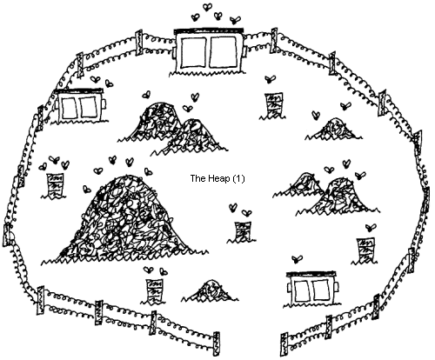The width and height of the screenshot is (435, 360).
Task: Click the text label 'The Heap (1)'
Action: click(217, 178)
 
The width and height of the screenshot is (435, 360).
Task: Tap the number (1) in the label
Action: click(239, 178)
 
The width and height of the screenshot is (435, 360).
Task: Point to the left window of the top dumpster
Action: click(193, 52)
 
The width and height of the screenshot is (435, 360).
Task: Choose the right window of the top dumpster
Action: click(224, 52)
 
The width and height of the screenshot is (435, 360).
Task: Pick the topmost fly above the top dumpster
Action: click(207, 7)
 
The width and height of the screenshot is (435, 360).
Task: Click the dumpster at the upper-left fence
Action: click(81, 105)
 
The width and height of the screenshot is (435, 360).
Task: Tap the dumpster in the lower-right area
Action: click(312, 289)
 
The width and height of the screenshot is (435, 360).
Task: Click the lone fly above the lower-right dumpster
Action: click(297, 259)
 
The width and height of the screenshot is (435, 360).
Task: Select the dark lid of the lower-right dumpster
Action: click(311, 274)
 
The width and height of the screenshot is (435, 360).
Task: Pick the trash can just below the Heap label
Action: click(242, 231)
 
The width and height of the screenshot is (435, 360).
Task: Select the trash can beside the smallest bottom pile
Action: click(154, 291)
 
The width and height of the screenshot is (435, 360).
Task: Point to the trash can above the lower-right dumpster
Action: click(365, 250)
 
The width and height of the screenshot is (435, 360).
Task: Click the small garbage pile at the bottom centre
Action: click(211, 290)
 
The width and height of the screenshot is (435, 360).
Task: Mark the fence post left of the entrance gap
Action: click(216, 344)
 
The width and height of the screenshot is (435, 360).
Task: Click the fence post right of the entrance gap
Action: click(284, 345)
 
